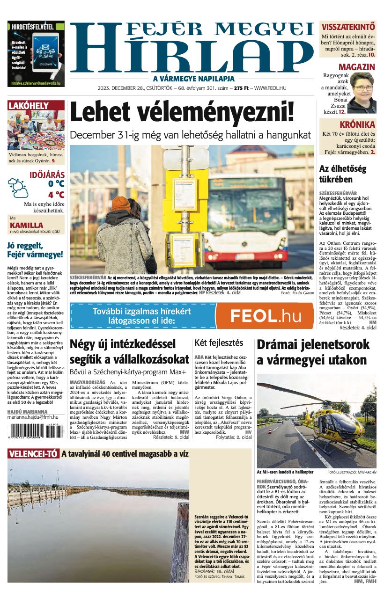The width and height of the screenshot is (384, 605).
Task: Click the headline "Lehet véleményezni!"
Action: coord(183,113)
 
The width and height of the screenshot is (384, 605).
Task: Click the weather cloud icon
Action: coord(18,187)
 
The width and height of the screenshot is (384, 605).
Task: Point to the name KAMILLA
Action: coord(26,225)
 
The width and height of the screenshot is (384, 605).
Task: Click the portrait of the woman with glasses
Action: coord(362,92)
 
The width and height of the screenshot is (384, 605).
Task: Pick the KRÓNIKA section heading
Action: coord(357,124)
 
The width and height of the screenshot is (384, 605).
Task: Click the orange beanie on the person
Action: coord(121,204)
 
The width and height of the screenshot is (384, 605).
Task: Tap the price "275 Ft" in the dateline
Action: coord(241,88)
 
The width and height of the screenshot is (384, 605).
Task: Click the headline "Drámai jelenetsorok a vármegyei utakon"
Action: coord(312,352)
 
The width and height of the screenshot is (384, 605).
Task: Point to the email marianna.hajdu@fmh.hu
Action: coord(33,416)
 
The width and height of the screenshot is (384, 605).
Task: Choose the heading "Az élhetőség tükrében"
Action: coord(342,174)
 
